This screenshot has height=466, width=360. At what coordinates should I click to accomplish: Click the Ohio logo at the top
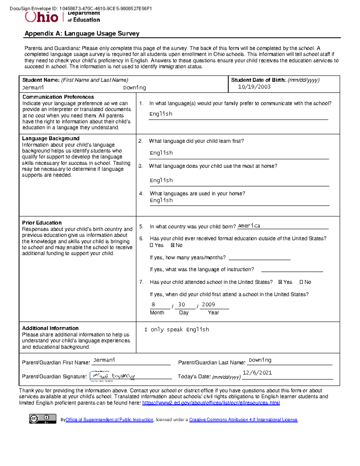[41, 17]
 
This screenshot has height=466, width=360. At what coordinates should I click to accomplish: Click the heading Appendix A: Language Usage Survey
[82, 34]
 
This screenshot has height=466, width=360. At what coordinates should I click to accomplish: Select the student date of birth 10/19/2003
[254, 87]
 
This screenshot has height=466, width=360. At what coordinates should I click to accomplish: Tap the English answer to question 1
[161, 114]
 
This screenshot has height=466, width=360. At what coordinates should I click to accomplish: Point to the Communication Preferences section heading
[58, 97]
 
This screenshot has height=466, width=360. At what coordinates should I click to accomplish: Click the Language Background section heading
[50, 138]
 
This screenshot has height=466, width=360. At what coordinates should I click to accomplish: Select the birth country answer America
[249, 226]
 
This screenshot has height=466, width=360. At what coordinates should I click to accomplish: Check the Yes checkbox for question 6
[151, 245]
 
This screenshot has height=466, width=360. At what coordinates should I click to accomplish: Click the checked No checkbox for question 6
[172, 245]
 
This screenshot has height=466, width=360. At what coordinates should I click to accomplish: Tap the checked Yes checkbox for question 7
[280, 282]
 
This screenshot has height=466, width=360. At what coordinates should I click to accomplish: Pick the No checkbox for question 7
[301, 282]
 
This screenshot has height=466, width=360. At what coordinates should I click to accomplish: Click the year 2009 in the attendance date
[208, 305]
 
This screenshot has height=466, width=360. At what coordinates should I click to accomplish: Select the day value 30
[181, 305]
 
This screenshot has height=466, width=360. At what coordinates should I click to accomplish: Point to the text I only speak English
[177, 329]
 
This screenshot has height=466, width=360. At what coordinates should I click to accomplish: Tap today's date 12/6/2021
[257, 373]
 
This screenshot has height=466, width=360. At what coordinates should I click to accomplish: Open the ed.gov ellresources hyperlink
[211, 403]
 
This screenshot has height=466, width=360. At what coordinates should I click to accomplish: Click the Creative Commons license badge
[43, 419]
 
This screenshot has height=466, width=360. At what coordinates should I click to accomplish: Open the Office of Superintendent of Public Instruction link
[109, 420]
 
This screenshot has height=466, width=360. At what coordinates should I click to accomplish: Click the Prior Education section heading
[42, 223]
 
